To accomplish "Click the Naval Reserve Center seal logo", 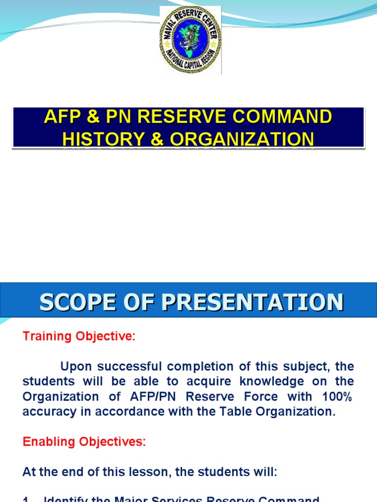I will pos(190,40).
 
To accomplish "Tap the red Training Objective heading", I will pos(79,336).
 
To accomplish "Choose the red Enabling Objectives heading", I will pos(84,441).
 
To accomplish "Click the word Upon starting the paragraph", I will pos(76,367).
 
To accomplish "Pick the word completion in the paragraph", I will pos(200,367).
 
